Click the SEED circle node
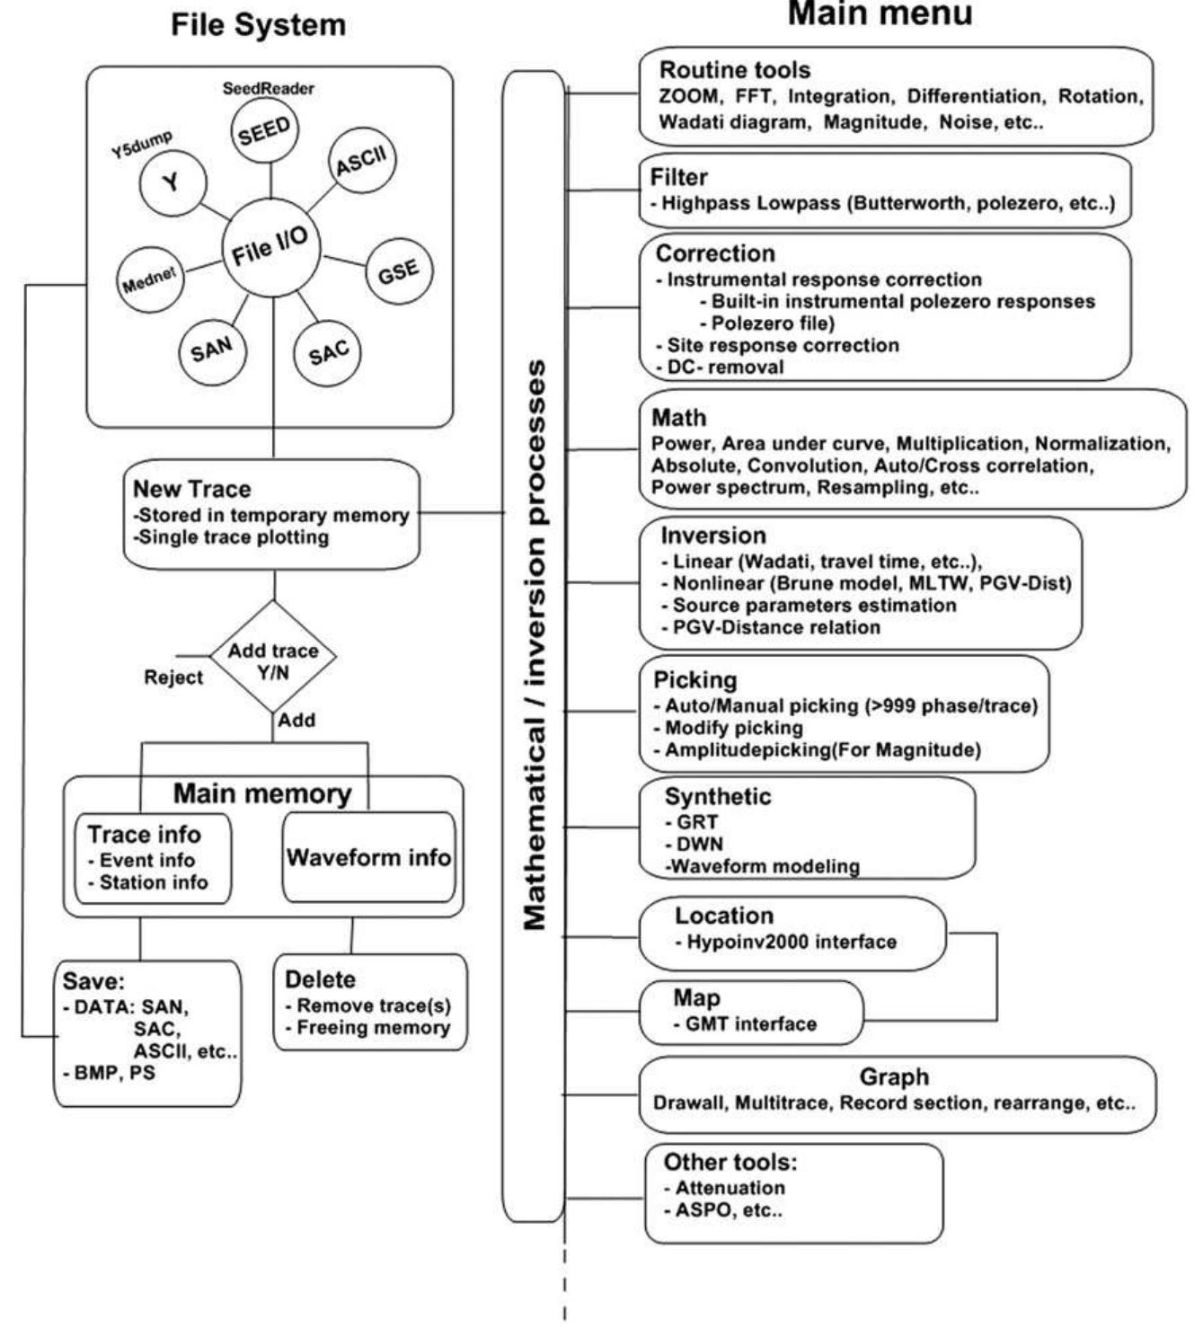point(265,130)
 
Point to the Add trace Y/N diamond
point(273,660)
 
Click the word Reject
point(173,677)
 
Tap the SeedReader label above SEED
point(268,89)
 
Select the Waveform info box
point(368,857)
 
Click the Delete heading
point(320,979)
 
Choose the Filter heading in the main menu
point(679,177)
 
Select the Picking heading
point(694,680)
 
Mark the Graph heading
point(894,1076)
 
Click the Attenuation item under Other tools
point(730,1187)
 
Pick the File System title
point(259,25)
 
